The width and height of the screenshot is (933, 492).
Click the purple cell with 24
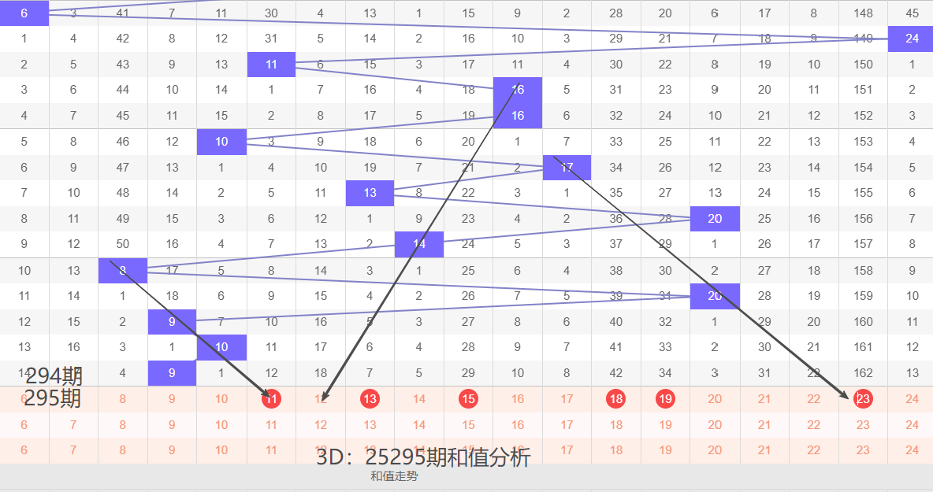[x=912, y=39]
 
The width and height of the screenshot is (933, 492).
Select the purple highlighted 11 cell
[x=271, y=65]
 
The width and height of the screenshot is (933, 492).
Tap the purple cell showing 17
[x=567, y=167]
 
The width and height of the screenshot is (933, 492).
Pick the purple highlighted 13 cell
[x=370, y=193]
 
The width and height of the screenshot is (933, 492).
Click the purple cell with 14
[x=419, y=244]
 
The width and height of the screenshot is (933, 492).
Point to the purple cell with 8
[x=123, y=270]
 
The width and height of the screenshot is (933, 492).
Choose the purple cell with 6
[x=24, y=13]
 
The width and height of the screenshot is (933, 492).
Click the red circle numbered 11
[x=272, y=399]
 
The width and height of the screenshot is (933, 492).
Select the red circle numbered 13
[x=370, y=399]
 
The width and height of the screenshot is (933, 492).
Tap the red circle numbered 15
[x=469, y=399]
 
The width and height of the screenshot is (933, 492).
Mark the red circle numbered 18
[x=616, y=399]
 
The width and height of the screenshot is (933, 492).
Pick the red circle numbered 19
[x=666, y=399]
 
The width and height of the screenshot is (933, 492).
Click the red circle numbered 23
[x=863, y=399]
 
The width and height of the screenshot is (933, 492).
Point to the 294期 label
[x=53, y=376]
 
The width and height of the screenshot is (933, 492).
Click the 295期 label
[x=53, y=398]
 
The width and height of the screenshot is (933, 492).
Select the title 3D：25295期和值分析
[x=423, y=457]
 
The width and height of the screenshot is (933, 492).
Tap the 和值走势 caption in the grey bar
[x=394, y=476]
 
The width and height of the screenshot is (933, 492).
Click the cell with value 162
[x=863, y=373]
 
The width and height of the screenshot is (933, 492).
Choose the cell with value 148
[x=863, y=13]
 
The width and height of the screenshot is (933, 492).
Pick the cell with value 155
[x=863, y=193]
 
